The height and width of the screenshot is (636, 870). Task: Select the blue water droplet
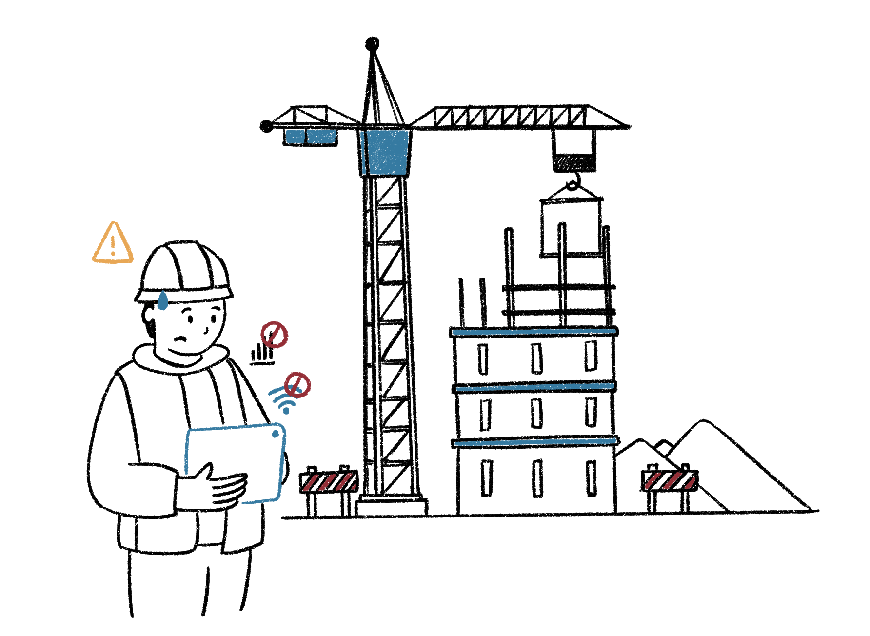coord(162,301)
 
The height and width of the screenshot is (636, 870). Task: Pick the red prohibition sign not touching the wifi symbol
coord(274,335)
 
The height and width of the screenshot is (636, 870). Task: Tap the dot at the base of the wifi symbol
coord(286,411)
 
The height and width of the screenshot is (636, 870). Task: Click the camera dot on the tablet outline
coord(276,434)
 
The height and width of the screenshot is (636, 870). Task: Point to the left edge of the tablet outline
coord(187,451)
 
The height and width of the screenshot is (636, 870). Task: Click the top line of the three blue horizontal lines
coord(534,332)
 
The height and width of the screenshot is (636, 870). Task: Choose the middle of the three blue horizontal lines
coord(534,387)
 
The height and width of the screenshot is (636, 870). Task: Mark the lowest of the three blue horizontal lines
coord(535,442)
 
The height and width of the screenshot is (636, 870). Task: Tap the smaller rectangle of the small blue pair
coord(295,137)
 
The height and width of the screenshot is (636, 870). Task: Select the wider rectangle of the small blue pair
coord(321,137)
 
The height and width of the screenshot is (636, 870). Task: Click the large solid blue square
coord(388,152)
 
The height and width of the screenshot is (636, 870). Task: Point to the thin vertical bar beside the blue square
coord(363,152)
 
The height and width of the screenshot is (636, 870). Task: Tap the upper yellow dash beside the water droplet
coord(170,293)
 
